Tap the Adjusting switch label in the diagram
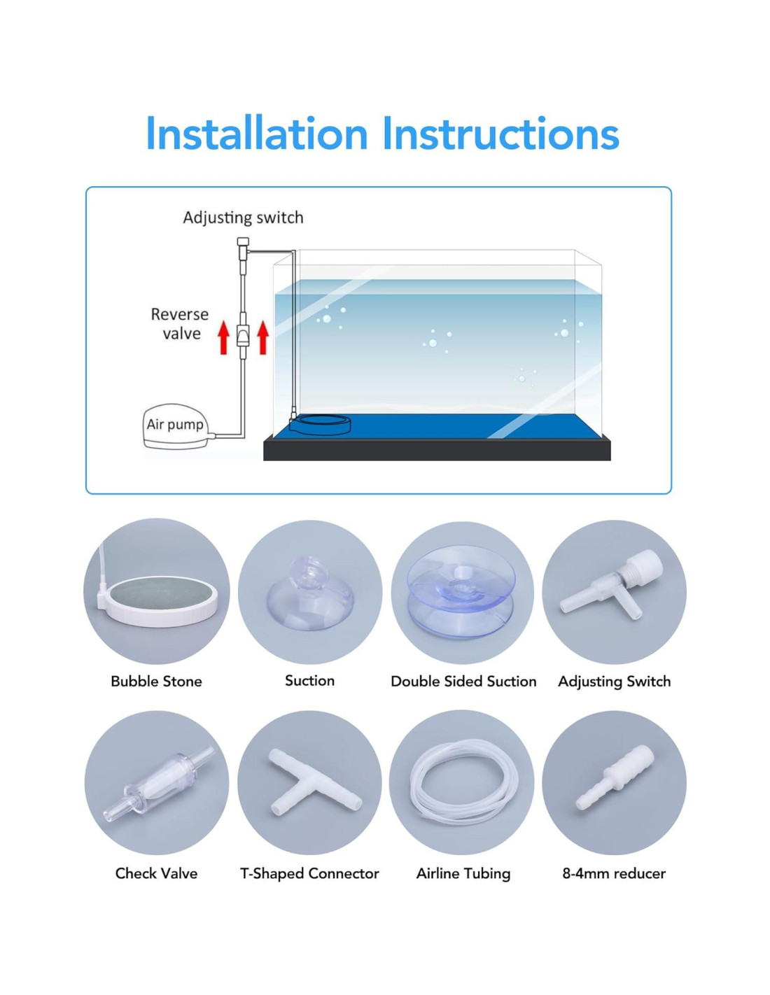point(243,218)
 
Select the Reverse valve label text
point(180,324)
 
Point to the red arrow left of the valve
point(223,337)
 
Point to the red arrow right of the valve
point(262,337)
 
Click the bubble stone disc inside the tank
point(320,425)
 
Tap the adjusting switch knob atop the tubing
point(243,243)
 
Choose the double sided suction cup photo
point(461,591)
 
